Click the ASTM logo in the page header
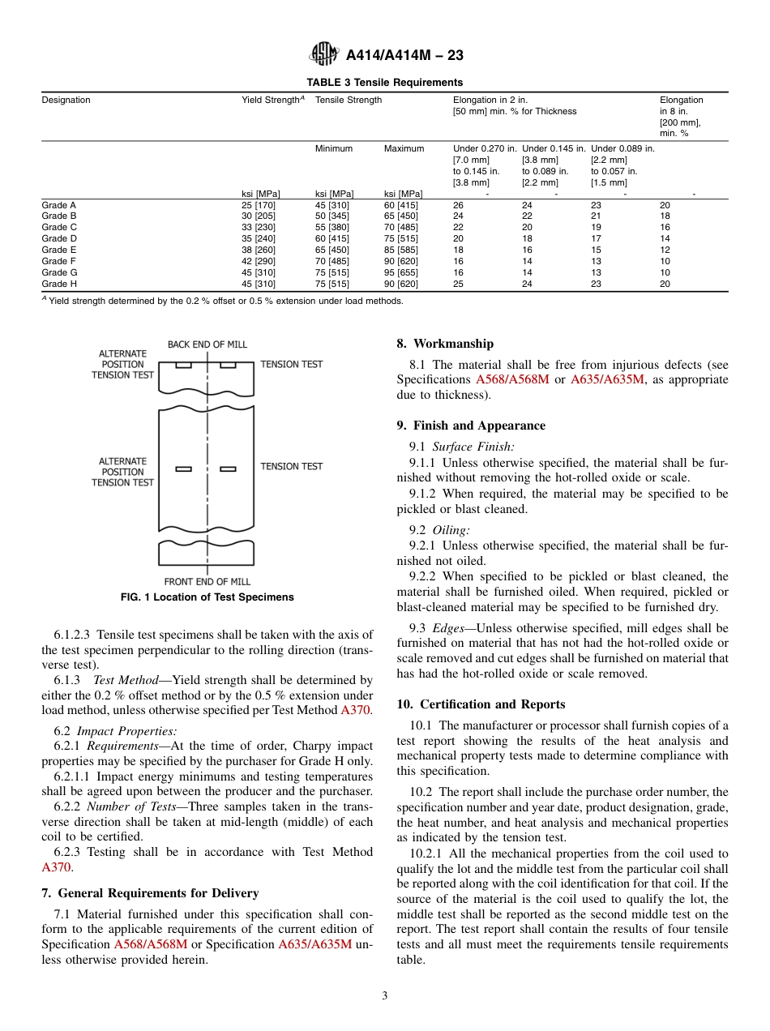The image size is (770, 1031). click(x=324, y=55)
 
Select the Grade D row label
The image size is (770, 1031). click(x=59, y=238)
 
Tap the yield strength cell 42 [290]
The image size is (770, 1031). click(x=259, y=261)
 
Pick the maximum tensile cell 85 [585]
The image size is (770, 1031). click(x=400, y=250)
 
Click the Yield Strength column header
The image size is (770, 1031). click(x=272, y=100)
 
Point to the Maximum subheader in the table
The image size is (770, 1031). click(x=404, y=148)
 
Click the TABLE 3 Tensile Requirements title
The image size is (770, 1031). click(x=384, y=82)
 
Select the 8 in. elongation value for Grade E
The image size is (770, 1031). click(x=665, y=250)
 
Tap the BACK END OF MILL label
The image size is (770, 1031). click(x=207, y=344)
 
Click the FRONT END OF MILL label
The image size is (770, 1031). click(x=207, y=582)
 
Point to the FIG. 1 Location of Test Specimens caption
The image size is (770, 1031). click(x=207, y=597)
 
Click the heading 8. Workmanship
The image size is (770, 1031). click(x=445, y=344)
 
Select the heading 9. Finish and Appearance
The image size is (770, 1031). click(x=471, y=426)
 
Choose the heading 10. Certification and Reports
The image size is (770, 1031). click(x=481, y=704)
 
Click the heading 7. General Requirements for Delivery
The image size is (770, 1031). click(x=150, y=893)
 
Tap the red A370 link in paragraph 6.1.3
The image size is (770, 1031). click(x=355, y=711)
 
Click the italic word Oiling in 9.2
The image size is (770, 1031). click(x=451, y=530)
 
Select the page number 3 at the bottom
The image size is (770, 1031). click(x=385, y=996)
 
